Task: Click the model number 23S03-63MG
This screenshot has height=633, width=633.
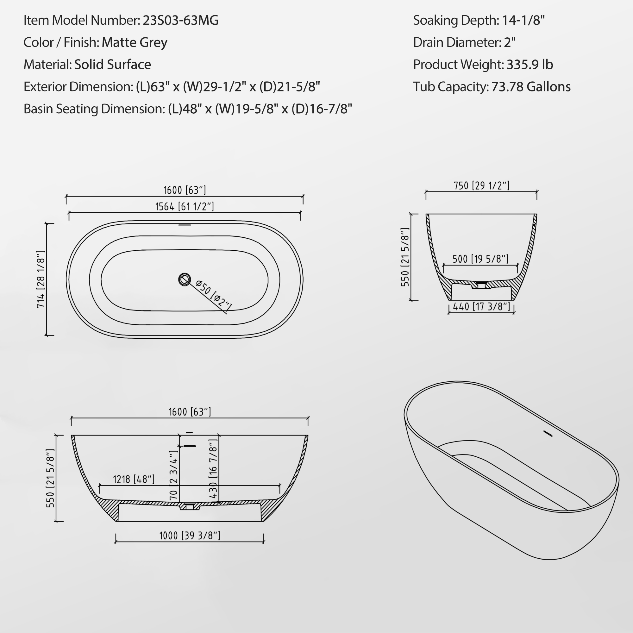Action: (180, 20)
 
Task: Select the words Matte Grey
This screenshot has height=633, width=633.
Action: (134, 42)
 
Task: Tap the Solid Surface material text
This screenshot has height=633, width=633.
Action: (112, 65)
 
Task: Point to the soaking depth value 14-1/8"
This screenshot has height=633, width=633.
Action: (523, 20)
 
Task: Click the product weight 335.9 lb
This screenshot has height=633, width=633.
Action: (530, 65)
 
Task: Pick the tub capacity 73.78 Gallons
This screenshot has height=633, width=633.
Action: (531, 87)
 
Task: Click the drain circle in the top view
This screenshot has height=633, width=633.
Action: (185, 279)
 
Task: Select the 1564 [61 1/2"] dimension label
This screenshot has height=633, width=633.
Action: (185, 206)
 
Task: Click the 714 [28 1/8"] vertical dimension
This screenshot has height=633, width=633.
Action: (41, 279)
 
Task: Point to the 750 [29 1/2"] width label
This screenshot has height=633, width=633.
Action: (481, 186)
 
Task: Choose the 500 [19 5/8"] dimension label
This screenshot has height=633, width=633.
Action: (480, 259)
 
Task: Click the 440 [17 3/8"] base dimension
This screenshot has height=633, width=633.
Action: (481, 307)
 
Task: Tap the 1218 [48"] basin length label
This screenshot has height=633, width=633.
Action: (134, 479)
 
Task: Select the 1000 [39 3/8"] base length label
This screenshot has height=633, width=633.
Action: (190, 536)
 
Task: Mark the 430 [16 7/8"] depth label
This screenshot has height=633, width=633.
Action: (213, 468)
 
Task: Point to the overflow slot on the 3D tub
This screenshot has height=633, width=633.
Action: (548, 434)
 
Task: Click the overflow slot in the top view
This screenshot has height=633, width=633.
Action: (185, 225)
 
